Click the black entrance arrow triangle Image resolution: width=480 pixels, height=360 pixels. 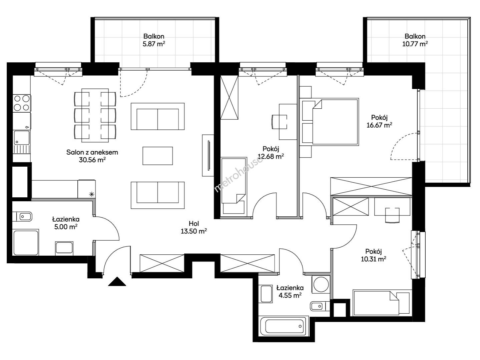click(117, 282)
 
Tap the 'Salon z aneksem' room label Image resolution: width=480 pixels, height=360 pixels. click(92, 152)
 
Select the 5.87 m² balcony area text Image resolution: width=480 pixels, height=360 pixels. click(154, 44)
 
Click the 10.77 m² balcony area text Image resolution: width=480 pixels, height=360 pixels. click(415, 44)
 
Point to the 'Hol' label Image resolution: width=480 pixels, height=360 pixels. click(194, 223)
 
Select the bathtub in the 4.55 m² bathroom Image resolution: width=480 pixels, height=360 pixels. click(284, 327)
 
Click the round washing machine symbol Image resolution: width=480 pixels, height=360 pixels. click(321, 284)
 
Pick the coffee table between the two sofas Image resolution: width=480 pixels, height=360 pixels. click(157, 156)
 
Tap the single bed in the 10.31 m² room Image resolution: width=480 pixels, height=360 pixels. click(382, 303)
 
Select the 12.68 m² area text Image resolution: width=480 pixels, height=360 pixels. click(271, 156)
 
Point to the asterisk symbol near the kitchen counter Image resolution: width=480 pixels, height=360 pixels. click(92, 194)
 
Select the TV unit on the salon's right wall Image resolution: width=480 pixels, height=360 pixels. click(208, 155)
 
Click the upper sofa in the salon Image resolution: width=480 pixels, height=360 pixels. click(157, 117)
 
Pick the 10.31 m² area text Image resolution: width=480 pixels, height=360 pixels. click(373, 259)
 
